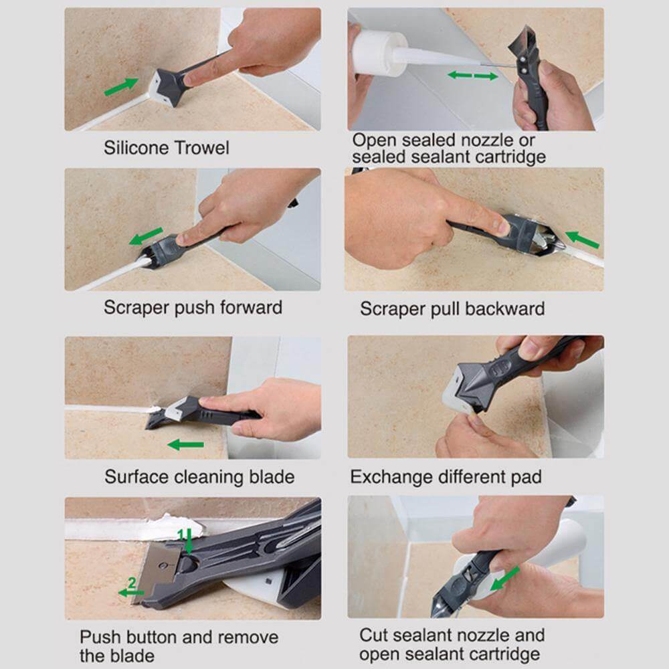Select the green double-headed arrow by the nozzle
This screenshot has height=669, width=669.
pyautogui.click(x=472, y=76)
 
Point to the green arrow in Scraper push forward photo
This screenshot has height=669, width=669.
pyautogui.click(x=146, y=236)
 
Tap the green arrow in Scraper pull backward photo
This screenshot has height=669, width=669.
pyautogui.click(x=581, y=238)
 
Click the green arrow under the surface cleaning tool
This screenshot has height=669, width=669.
pyautogui.click(x=185, y=444)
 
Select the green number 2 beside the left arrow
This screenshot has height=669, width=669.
pyautogui.click(x=132, y=583)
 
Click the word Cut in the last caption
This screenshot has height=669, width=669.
pyautogui.click(x=374, y=635)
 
